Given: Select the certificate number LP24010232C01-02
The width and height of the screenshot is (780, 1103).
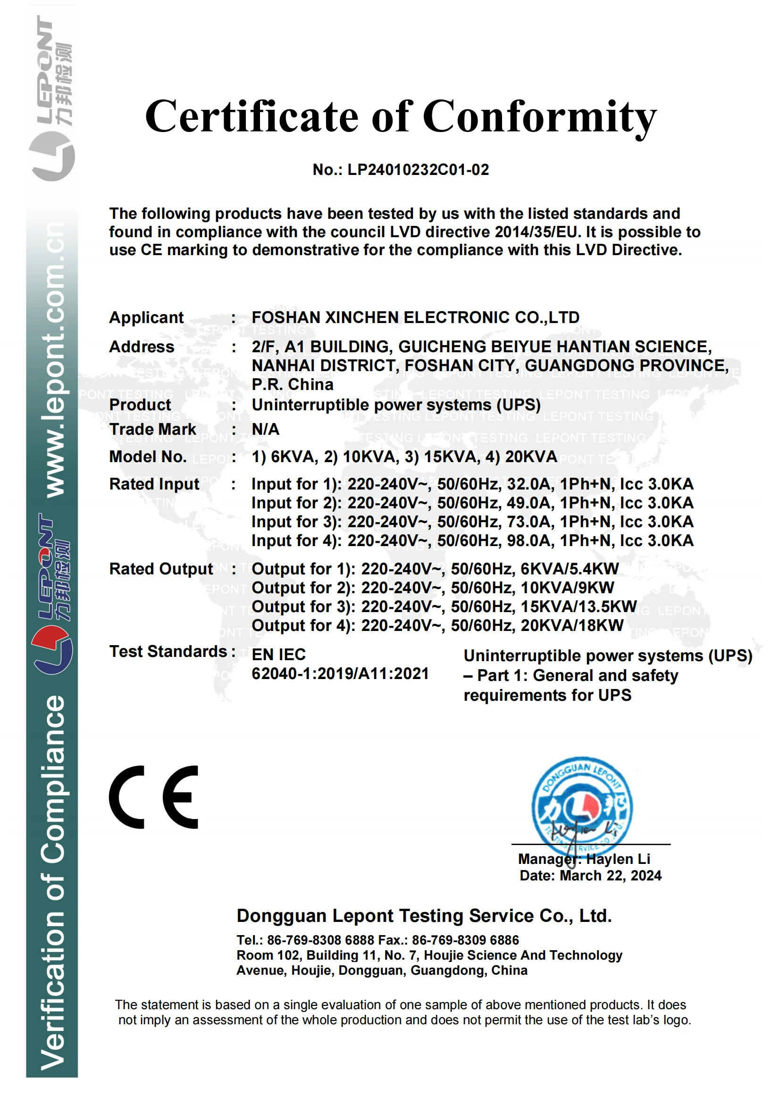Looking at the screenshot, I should (x=418, y=170).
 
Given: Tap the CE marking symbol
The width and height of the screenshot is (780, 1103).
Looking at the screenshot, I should (x=154, y=797).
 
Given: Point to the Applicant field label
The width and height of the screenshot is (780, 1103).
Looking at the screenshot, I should (x=146, y=317).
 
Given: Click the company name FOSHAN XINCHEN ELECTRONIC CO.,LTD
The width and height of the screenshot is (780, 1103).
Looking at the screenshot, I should (x=415, y=317).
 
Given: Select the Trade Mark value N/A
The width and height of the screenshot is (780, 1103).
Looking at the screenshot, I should (x=265, y=429).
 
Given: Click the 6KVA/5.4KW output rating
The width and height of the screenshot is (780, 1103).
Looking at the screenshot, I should (x=570, y=569).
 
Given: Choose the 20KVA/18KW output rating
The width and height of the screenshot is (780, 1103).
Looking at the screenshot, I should (x=572, y=625).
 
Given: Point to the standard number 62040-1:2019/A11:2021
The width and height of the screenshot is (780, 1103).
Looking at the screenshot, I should (x=340, y=674).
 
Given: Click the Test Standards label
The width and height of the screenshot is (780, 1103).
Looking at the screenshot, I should (x=168, y=652).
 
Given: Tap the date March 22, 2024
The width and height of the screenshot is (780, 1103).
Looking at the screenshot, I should (x=610, y=876).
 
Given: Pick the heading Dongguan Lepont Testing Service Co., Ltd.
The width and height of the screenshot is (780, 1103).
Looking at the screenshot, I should (x=424, y=916).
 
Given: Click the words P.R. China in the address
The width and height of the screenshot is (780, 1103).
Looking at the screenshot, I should (x=292, y=385).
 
